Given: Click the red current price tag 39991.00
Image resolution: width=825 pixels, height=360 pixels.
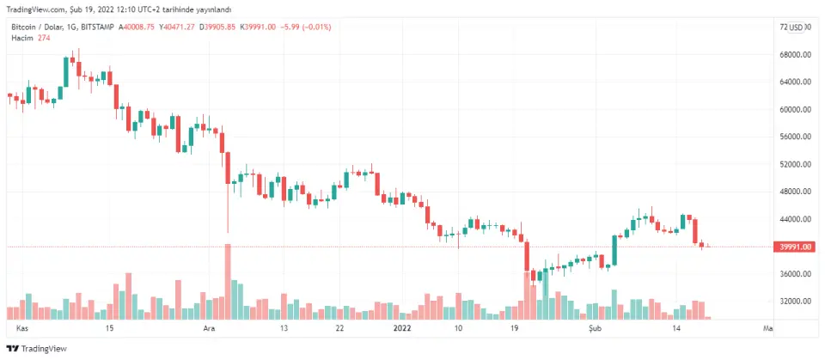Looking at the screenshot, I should point(794,247).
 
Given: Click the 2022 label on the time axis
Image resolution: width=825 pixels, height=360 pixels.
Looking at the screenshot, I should point(401,328).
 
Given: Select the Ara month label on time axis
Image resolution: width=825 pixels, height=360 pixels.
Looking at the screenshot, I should point(207,328).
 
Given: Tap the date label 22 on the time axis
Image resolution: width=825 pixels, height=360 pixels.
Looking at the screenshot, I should point(340,328).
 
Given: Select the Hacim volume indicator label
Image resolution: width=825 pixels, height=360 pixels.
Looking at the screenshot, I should point(21,38).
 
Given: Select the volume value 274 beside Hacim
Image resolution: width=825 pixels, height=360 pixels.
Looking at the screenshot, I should point(44,38).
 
